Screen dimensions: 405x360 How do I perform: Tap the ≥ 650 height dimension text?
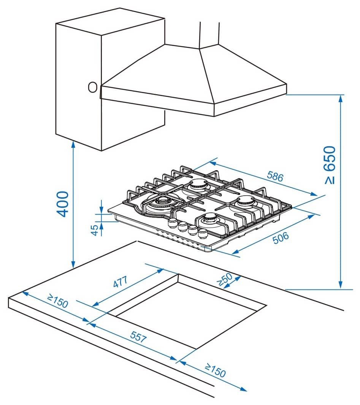click(x=330, y=165)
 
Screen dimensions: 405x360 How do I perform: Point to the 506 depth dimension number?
click(x=280, y=237)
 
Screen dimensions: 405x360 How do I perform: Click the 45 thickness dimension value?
click(x=95, y=229)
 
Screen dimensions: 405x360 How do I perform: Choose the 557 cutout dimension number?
click(x=138, y=337)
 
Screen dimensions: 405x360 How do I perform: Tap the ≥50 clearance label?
click(x=224, y=280)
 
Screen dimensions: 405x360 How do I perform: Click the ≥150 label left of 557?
click(x=58, y=301)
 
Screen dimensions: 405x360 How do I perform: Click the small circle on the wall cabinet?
click(x=92, y=87)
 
